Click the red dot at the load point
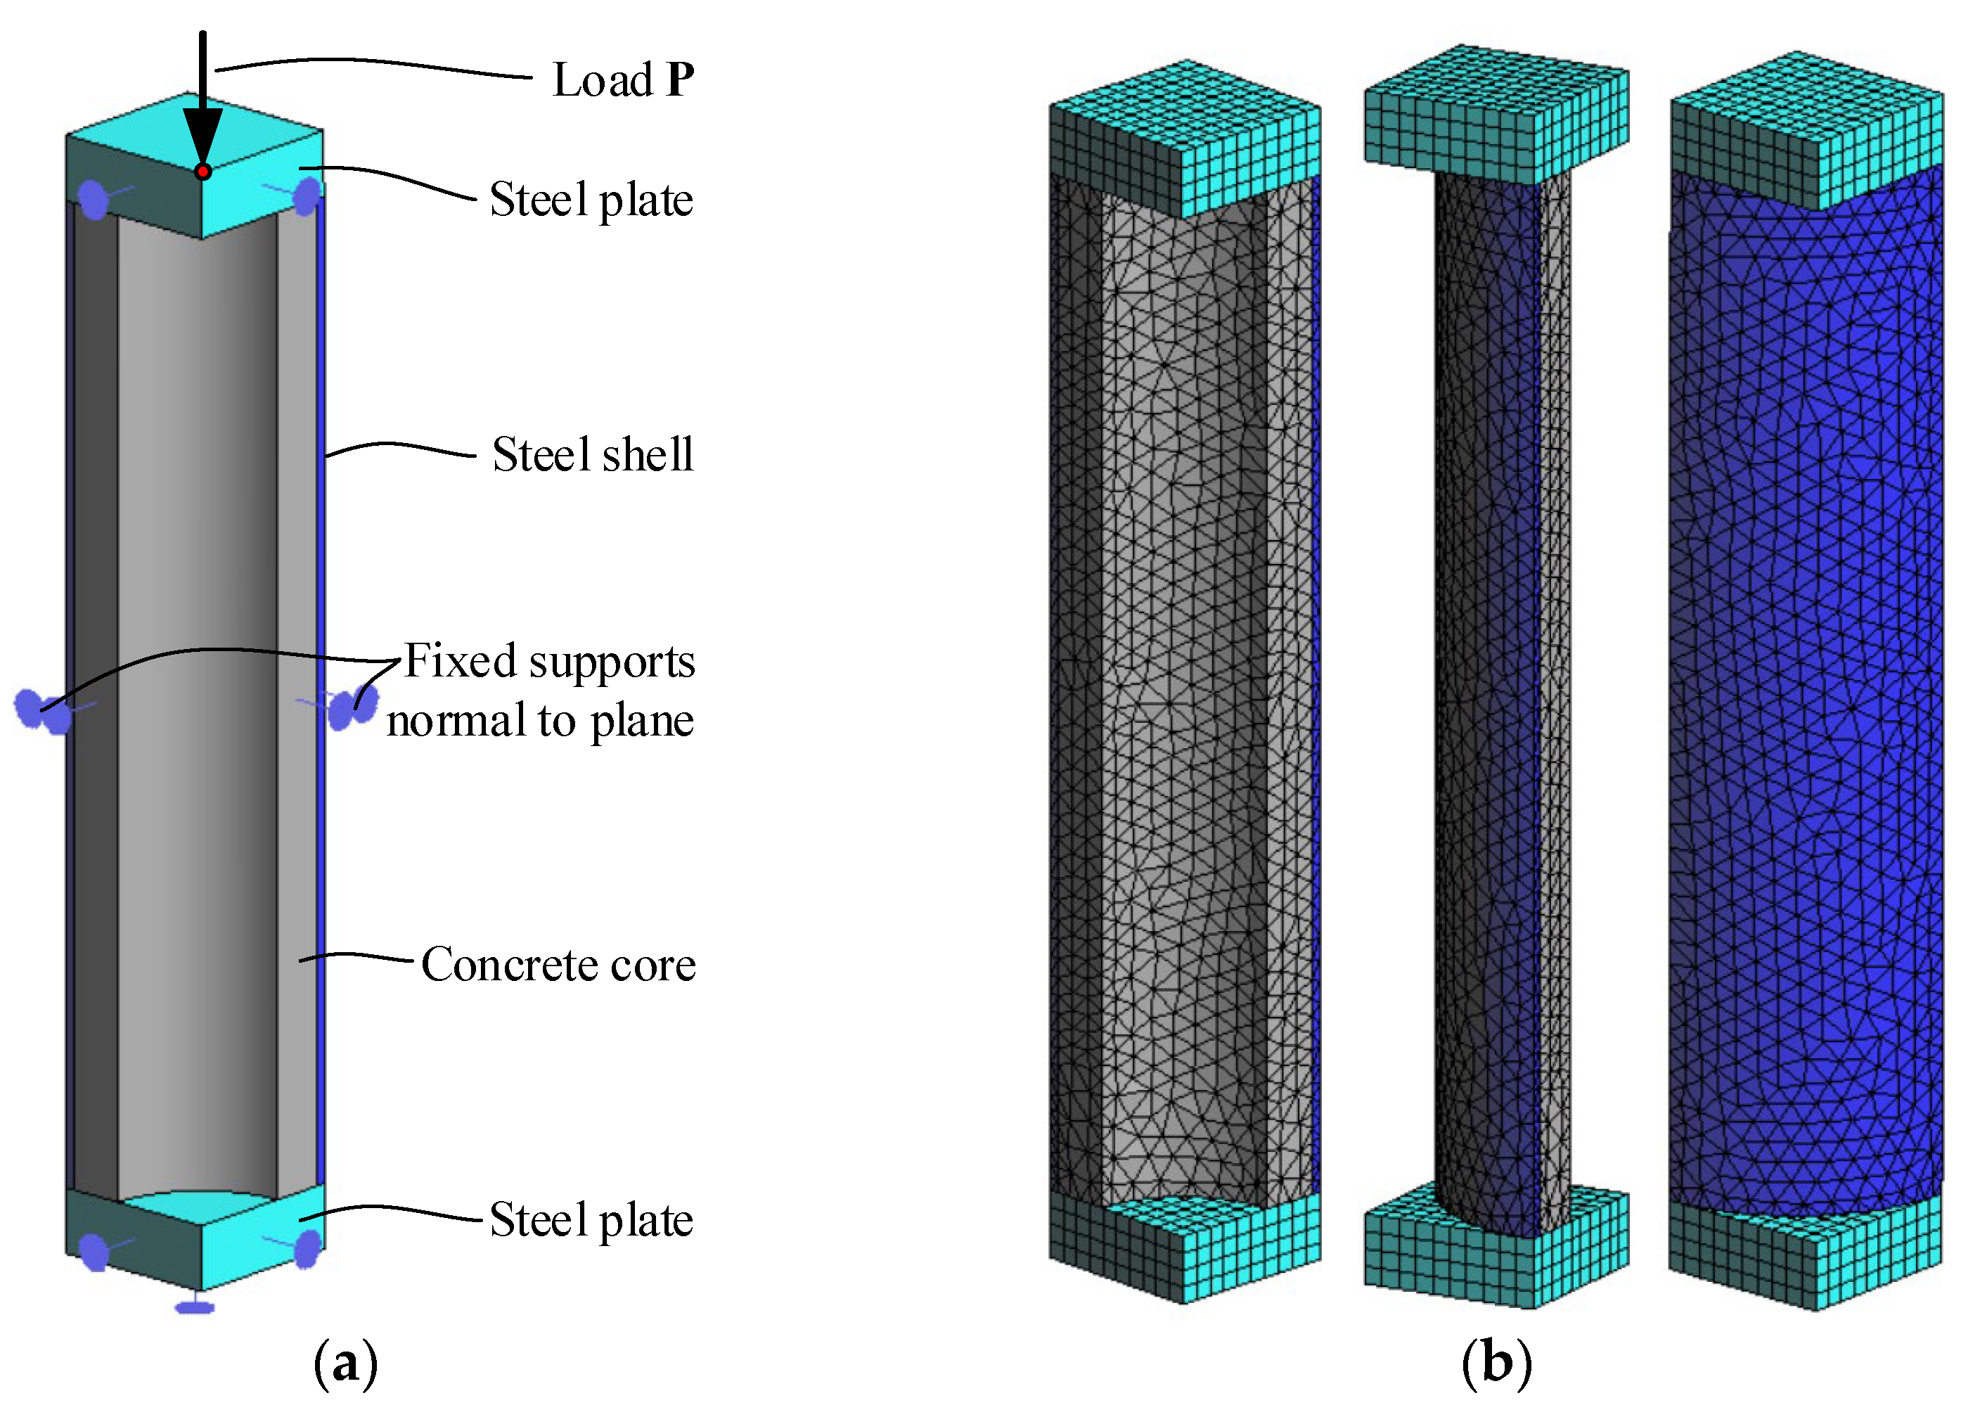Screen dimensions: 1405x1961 [202, 171]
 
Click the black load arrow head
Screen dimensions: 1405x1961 [202, 134]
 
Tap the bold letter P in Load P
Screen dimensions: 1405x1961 [681, 79]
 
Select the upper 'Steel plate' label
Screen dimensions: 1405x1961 [591, 200]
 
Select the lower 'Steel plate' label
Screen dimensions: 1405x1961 [591, 1220]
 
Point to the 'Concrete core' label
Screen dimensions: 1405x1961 [558, 964]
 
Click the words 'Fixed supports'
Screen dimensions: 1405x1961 [549, 662]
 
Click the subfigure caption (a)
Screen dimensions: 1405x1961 [345, 1364]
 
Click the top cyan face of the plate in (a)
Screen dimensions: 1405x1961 [195, 129]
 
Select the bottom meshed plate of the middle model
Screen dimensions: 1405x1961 [1496, 1254]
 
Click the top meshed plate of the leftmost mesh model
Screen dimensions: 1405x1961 [1185, 139]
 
